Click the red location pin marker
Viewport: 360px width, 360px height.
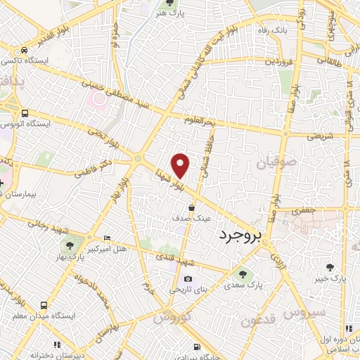point(181,164)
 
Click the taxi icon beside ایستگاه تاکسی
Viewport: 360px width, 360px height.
point(25,51)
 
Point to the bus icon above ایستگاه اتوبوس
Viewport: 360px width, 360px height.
point(25,112)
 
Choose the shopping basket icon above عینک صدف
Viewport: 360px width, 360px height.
point(193,207)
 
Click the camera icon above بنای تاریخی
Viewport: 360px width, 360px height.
point(188,278)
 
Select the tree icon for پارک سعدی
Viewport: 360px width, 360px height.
point(243,274)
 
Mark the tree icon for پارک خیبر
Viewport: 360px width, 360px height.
point(330,266)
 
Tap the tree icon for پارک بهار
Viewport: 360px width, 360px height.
point(69,245)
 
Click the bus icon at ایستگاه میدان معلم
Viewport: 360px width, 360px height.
point(44,306)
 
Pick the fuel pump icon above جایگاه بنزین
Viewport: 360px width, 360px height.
point(196,347)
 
